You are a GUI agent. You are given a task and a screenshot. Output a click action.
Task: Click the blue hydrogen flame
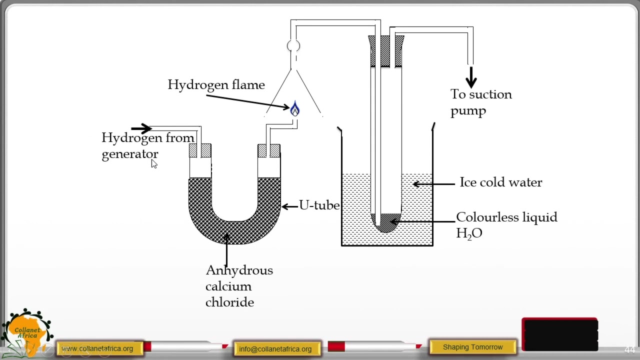pyautogui.click(x=294, y=109)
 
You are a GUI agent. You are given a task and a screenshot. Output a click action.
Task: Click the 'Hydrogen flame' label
pyautogui.click(x=216, y=85)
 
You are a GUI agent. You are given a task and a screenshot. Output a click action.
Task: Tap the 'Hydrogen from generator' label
pyautogui.click(x=147, y=145)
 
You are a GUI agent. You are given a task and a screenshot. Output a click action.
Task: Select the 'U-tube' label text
pyautogui.click(x=319, y=205)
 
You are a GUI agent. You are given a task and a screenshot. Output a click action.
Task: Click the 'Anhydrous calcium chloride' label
pyautogui.click(x=238, y=286)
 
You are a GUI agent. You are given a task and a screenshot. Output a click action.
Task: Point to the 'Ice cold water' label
pyautogui.click(x=500, y=182)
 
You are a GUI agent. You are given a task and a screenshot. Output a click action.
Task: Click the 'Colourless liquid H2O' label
pyautogui.click(x=506, y=224)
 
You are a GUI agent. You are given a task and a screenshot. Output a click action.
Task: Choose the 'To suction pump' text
pyautogui.click(x=480, y=102)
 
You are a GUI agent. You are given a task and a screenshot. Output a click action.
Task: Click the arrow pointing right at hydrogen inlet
pyautogui.click(x=141, y=129)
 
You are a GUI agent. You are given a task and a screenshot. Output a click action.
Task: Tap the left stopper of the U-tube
pyautogui.click(x=200, y=150)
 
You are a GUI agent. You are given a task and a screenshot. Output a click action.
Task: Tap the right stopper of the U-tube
pyautogui.click(x=269, y=150)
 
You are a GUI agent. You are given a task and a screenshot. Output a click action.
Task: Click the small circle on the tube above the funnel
pyautogui.click(x=293, y=46)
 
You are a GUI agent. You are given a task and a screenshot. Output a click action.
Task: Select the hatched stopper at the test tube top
pyautogui.click(x=385, y=51)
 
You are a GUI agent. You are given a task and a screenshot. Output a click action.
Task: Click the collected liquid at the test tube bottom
pyautogui.click(x=386, y=223)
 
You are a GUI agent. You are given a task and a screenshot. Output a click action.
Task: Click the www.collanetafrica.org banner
pyautogui.click(x=98, y=348)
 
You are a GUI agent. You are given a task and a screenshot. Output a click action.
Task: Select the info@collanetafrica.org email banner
pyautogui.click(x=275, y=349)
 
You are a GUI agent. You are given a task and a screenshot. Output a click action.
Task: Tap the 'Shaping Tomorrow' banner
pyautogui.click(x=472, y=347)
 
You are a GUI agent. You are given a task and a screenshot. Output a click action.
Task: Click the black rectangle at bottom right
pyautogui.click(x=559, y=334)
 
